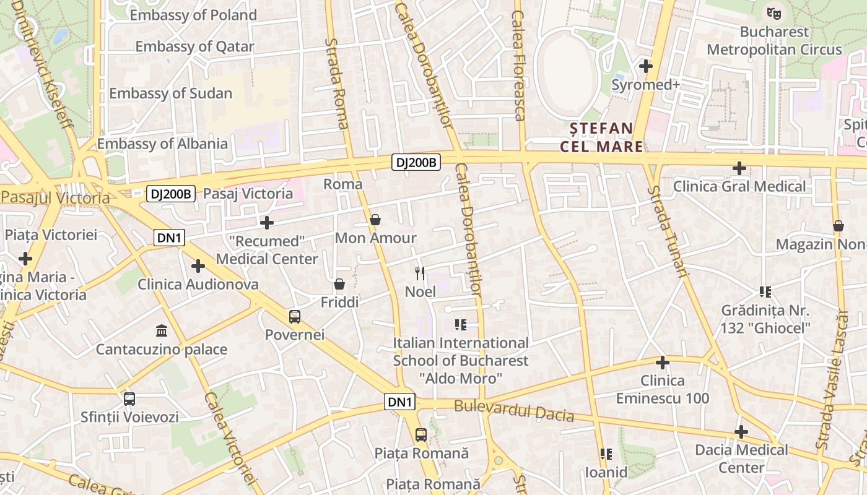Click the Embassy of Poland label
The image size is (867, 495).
(193, 15)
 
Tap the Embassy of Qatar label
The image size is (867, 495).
(194, 46)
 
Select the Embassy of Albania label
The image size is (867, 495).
(162, 144)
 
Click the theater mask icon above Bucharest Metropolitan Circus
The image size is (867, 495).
(773, 12)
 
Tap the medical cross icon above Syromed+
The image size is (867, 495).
(646, 66)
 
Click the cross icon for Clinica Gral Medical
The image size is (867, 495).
(739, 168)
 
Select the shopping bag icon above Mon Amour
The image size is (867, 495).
(375, 220)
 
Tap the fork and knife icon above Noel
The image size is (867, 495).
(420, 273)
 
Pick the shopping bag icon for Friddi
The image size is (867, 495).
(339, 284)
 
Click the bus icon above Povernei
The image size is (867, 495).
(294, 317)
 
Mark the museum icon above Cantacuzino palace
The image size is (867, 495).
(162, 331)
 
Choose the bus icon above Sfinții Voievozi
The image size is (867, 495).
(129, 399)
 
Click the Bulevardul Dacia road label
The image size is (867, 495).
(514, 411)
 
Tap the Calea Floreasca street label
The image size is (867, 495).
(519, 65)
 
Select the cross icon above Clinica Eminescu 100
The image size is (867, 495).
(663, 362)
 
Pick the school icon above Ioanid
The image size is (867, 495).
(606, 455)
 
